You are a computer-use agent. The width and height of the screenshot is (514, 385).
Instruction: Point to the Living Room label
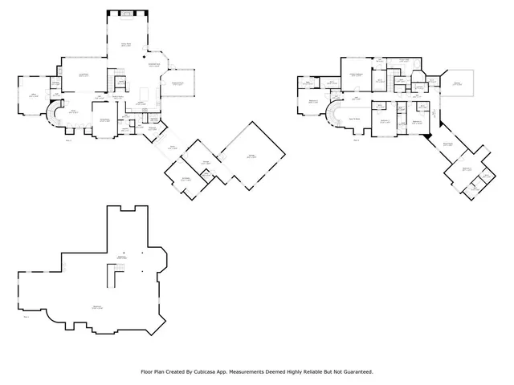[x=83, y=75]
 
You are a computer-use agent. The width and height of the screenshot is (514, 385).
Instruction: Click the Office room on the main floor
[x=34, y=96]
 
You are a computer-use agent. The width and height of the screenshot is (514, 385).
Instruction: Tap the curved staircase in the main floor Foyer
[x=55, y=115]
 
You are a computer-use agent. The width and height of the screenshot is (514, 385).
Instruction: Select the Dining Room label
[x=104, y=120]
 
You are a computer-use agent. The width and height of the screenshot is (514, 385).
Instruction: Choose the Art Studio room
[x=185, y=179]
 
